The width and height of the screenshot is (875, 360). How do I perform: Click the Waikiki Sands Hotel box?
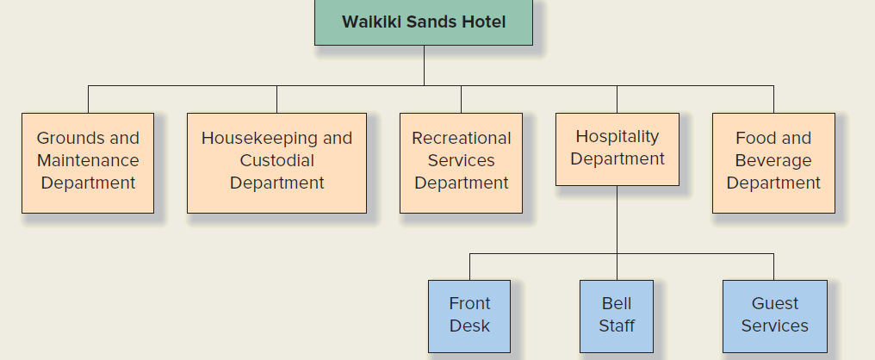coord(423,22)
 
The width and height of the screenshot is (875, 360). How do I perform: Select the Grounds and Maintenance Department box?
coord(88,163)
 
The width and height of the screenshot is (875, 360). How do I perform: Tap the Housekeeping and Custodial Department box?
coord(276,163)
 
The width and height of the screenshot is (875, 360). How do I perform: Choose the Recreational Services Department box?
coord(461,163)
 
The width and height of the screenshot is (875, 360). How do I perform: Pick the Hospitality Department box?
coord(617,149)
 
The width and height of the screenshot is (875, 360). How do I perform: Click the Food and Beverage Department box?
coord(773,163)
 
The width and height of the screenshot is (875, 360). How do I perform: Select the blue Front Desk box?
coord(469,315)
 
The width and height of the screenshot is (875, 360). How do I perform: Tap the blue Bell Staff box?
coord(617,315)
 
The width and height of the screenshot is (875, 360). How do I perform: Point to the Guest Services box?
coord(774,315)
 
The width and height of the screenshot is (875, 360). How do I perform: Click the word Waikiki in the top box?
coord(369,22)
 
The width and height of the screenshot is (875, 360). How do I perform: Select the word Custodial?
coord(276,160)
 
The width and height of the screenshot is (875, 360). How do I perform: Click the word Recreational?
coord(461,138)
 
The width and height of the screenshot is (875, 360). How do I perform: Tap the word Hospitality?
coord(617,136)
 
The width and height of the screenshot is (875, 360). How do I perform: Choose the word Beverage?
coord(773,160)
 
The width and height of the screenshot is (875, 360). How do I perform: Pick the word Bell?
coord(617,303)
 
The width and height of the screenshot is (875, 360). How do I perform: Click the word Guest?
coord(774,303)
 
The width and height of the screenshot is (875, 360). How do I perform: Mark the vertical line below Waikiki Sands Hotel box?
coord(424,65)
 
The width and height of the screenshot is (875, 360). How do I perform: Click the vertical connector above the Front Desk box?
coord(469,266)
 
